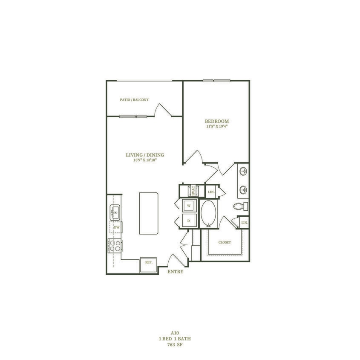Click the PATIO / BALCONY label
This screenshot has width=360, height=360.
point(134,100)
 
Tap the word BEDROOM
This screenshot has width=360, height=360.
point(217,121)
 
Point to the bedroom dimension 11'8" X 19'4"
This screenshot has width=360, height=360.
point(217,126)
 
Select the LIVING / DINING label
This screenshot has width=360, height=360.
point(145,155)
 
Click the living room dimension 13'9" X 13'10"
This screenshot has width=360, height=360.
point(145,161)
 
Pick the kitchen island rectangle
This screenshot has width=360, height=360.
point(149,213)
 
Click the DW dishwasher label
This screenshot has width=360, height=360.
point(116,228)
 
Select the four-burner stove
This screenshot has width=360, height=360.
point(115,245)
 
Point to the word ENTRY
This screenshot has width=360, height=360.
point(175,272)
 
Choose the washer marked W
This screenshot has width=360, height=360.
point(188,206)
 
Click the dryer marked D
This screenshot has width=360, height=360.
point(188,221)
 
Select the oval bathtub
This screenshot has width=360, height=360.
point(208,213)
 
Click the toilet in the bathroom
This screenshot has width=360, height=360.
point(240,207)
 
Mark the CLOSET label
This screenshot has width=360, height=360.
point(225,242)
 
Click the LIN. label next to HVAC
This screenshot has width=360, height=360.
point(211,192)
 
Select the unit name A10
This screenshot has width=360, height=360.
point(174,332)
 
